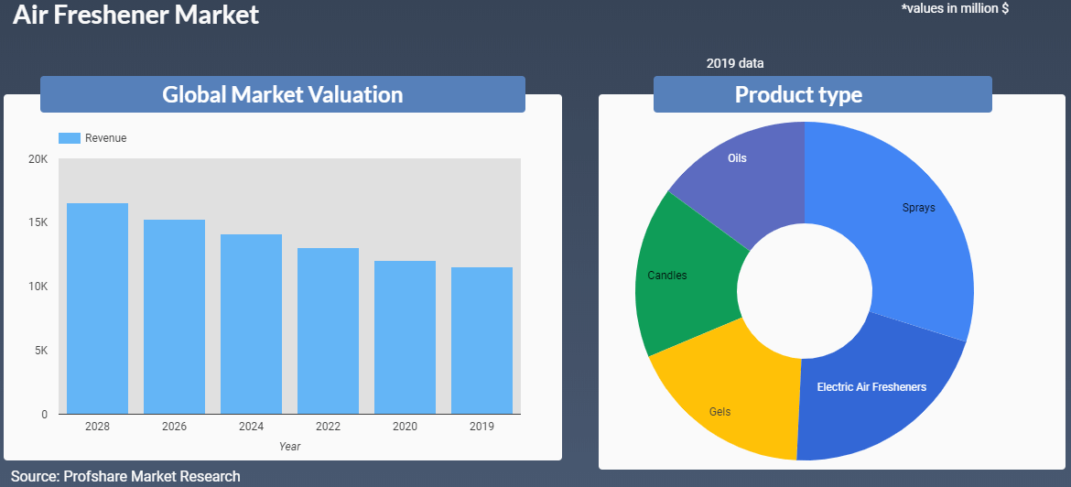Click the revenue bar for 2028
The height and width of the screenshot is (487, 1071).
click(x=97, y=308)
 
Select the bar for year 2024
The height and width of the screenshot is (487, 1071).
click(x=251, y=324)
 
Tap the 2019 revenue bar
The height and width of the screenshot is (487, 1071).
click(x=481, y=341)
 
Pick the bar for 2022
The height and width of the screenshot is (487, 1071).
click(x=328, y=330)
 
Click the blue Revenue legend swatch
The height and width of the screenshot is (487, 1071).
click(x=70, y=138)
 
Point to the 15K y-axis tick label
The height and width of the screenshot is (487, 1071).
click(x=38, y=223)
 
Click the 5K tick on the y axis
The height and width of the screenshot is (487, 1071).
click(x=41, y=352)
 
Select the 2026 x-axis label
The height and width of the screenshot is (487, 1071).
click(x=174, y=427)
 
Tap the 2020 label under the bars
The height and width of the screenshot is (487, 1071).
click(x=405, y=427)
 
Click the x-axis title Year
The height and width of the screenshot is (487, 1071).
click(x=289, y=447)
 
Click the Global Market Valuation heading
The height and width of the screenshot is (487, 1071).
click(x=282, y=94)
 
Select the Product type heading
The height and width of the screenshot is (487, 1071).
click(x=798, y=94)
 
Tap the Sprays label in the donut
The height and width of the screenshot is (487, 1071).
click(x=918, y=208)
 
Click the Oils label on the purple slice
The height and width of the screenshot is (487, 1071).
click(x=737, y=158)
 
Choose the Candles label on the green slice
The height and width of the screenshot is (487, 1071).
click(x=666, y=276)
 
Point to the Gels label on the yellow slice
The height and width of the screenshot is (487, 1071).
click(x=719, y=412)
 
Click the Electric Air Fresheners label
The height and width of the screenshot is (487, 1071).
click(x=871, y=387)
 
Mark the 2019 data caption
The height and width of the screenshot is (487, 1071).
click(x=734, y=64)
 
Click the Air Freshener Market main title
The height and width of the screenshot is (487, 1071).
click(x=135, y=15)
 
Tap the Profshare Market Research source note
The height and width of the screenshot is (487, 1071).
click(x=125, y=476)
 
